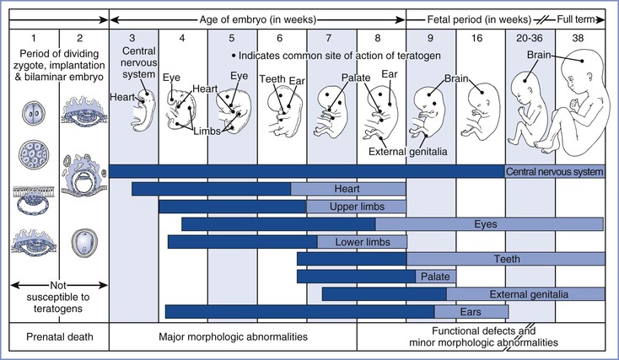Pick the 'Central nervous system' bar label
(x=555, y=171)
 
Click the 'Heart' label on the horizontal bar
(x=347, y=189)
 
